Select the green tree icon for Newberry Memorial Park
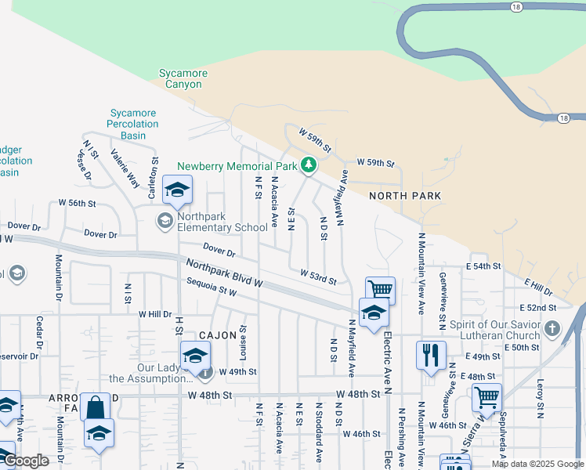pyautogui.click(x=309, y=165)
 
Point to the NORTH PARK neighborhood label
pyautogui.click(x=405, y=196)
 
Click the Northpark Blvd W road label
pyautogui.click(x=224, y=273)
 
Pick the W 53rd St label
pyautogui.click(x=318, y=276)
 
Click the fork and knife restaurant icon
pyautogui.click(x=430, y=355)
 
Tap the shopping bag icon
pyautogui.click(x=95, y=407)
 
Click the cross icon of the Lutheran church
pyautogui.click(x=552, y=328)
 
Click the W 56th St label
pyautogui.click(x=77, y=203)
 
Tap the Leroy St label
pyautogui.click(x=541, y=399)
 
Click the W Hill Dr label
pyautogui.click(x=154, y=314)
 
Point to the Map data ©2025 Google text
pyautogui.click(x=537, y=464)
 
